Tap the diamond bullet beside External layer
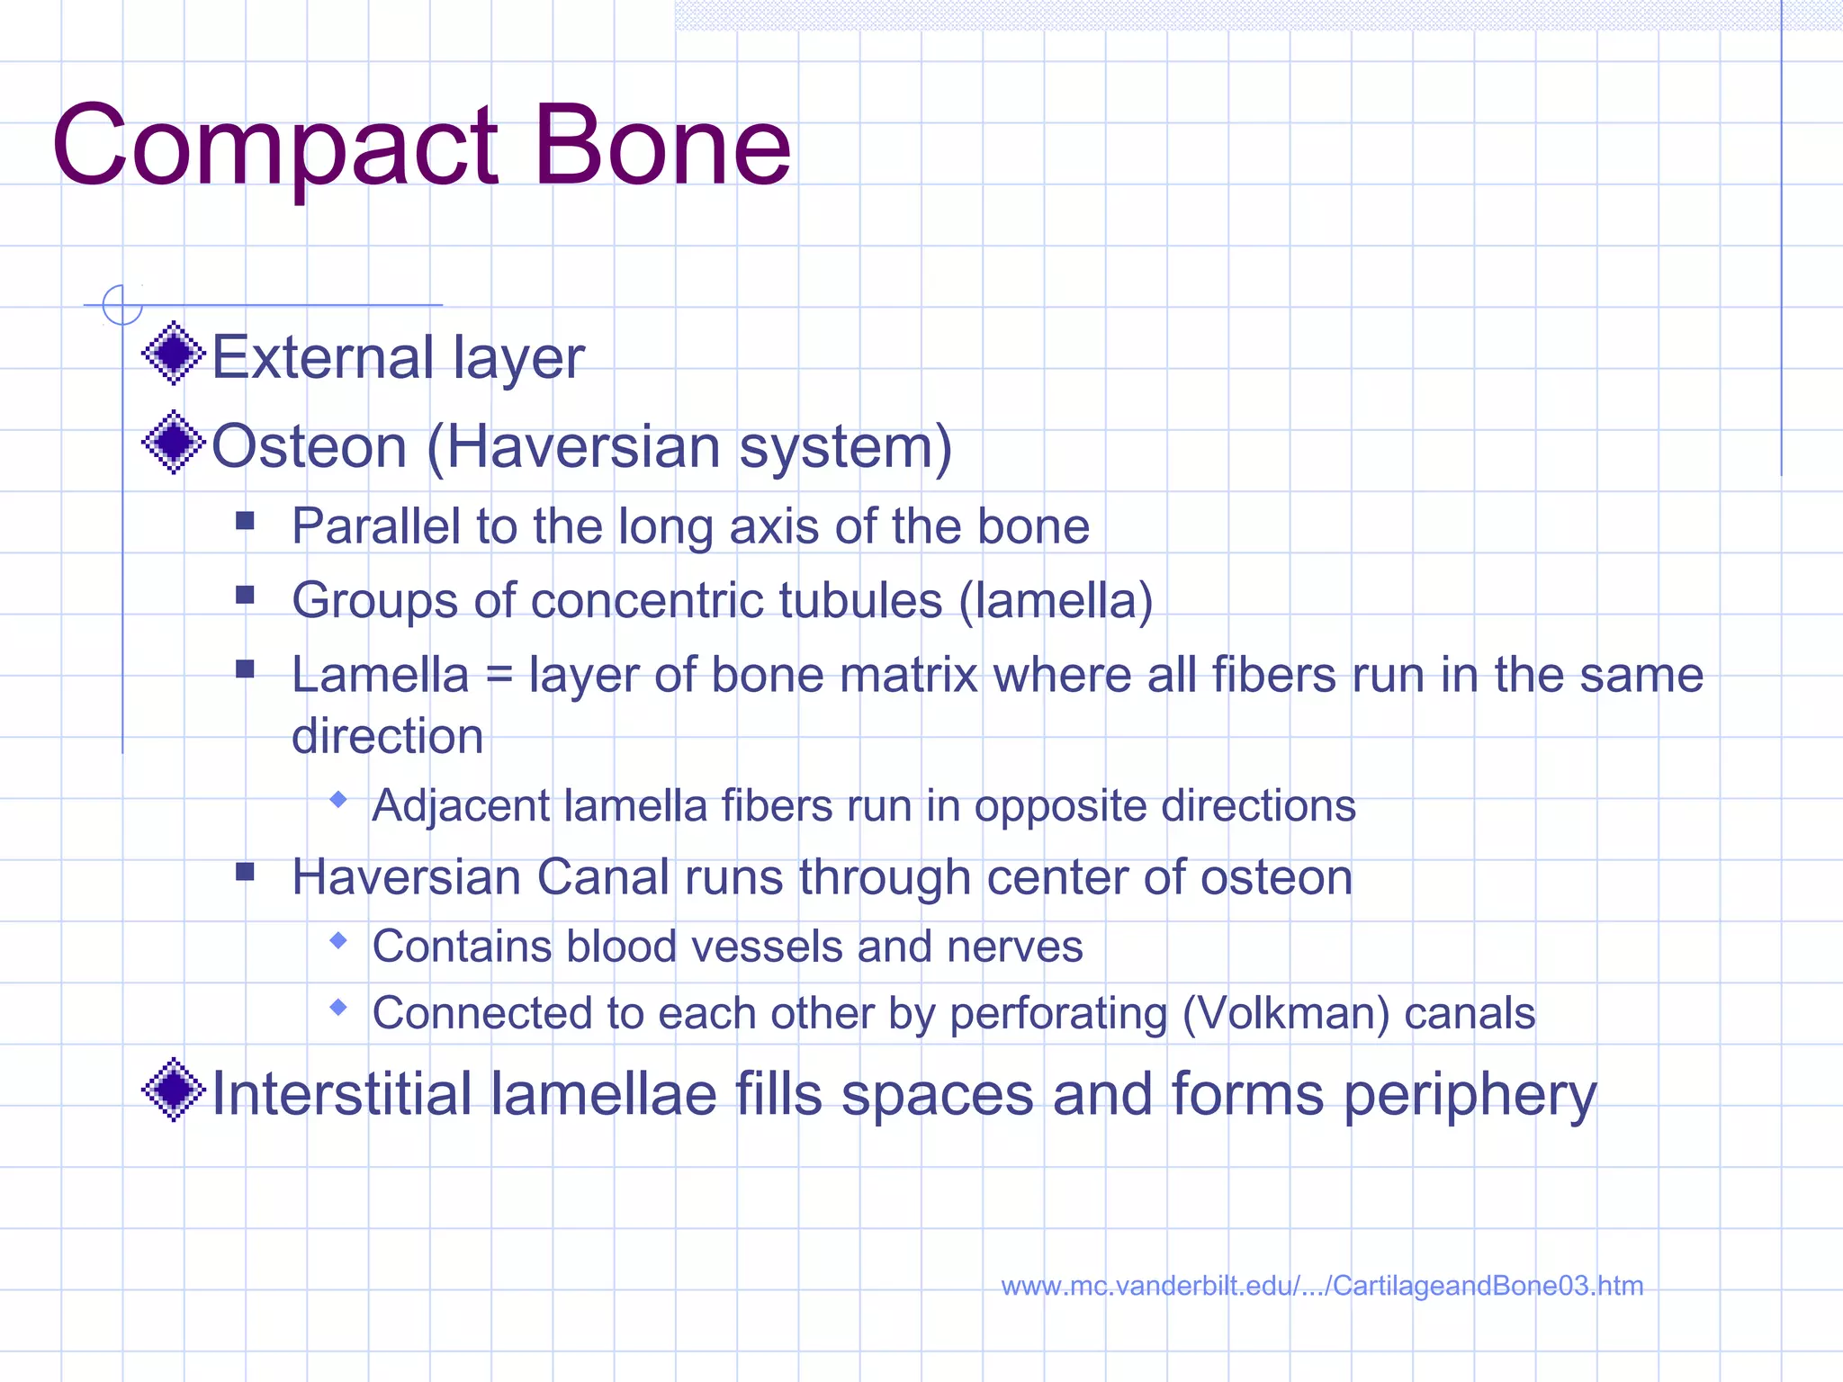tap(174, 353)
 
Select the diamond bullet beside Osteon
tap(174, 442)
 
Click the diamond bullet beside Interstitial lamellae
tap(174, 1090)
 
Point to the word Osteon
tap(309, 446)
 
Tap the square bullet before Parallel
tap(245, 520)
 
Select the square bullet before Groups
tap(245, 595)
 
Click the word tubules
tap(859, 601)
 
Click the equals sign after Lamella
tap(499, 677)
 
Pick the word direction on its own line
tap(387, 736)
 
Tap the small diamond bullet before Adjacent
tap(338, 799)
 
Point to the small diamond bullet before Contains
tap(338, 940)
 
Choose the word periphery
tap(1470, 1096)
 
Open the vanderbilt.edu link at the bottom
tap(1321, 1286)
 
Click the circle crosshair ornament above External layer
tap(122, 304)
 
